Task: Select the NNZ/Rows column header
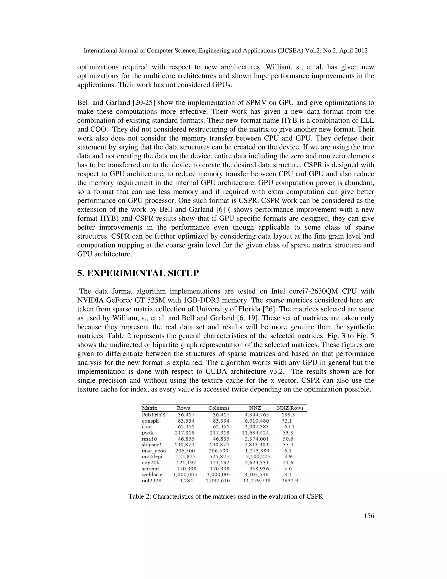pyautogui.click(x=290, y=408)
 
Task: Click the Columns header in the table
pyautogui.click(x=219, y=408)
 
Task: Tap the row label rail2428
pyautogui.click(x=151, y=481)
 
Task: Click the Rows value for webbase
pyautogui.click(x=185, y=475)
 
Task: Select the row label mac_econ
pyautogui.click(x=154, y=451)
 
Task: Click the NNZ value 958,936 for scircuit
pyautogui.click(x=259, y=468)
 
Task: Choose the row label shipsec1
pyautogui.click(x=152, y=445)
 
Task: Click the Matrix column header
pyautogui.click(x=149, y=408)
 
